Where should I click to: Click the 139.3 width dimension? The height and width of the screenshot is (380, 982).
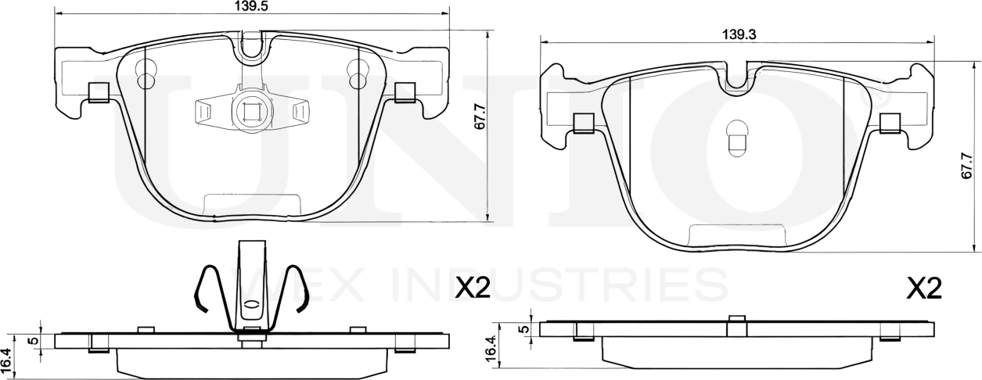point(738,34)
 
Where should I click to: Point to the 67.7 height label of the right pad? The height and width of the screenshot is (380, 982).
point(968,167)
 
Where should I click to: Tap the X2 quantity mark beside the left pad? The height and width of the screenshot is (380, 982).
point(472,290)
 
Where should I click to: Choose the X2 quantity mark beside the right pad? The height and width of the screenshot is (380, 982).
point(923,290)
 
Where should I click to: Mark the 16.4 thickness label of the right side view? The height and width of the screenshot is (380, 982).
point(491,349)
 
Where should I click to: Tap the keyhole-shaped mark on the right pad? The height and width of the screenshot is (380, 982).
point(738,138)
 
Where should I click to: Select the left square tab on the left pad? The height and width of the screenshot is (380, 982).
point(99,92)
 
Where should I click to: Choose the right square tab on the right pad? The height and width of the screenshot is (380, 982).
point(890,123)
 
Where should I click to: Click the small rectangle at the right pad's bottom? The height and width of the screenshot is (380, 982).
point(736,235)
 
